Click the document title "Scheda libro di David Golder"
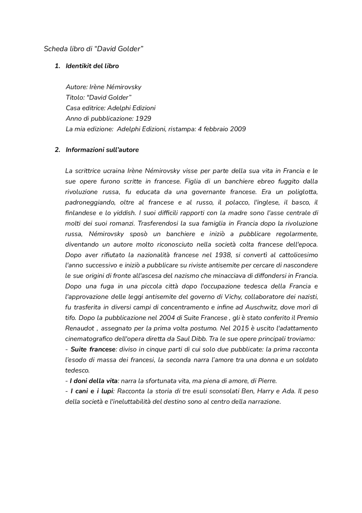94,49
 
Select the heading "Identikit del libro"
92,66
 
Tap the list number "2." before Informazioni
57,150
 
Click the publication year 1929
143,118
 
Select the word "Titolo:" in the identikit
75,98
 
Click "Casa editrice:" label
85,108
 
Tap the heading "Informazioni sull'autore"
102,150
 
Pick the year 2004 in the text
167,318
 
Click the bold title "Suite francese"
93,350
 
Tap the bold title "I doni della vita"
94,381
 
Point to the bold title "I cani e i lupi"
92,391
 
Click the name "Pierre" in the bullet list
267,381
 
